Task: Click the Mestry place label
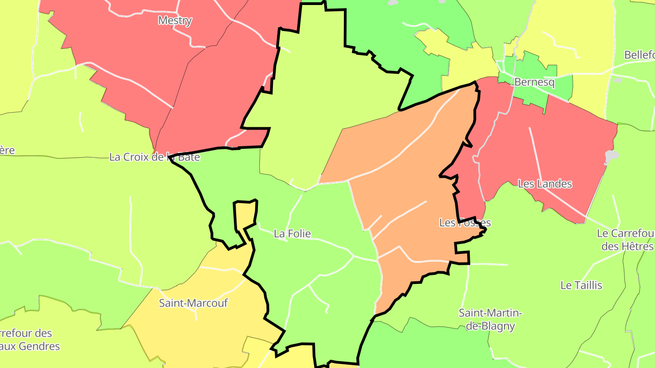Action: pos(175,20)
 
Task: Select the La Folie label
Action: pos(292,234)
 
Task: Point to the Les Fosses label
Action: pos(465,223)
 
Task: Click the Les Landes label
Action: pos(545,184)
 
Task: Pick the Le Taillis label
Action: pos(581,285)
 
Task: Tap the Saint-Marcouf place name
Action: pos(193,303)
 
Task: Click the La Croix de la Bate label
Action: pos(154,157)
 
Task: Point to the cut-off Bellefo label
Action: pos(640,55)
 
